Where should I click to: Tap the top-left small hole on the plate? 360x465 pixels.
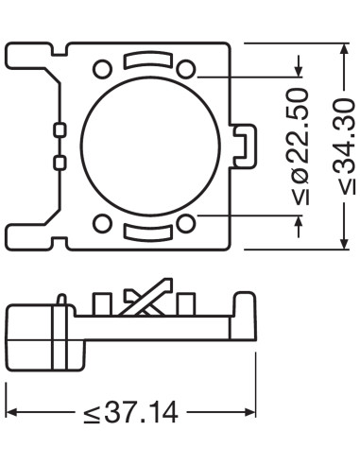101,68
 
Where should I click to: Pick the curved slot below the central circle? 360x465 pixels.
144,228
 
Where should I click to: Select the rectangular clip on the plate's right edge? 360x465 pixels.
244,144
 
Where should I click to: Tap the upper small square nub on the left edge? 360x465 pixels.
60,128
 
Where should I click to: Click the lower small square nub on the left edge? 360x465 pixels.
60,163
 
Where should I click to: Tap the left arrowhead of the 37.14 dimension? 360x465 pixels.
13,412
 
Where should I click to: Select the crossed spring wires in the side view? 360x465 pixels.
146,299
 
